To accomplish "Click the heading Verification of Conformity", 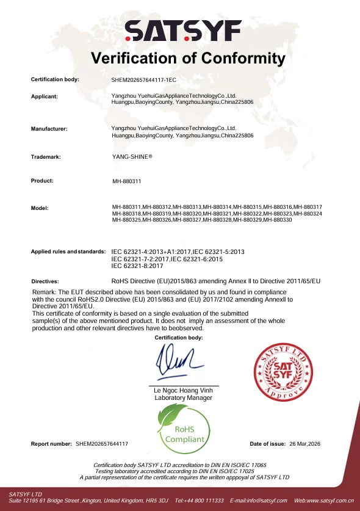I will click(188, 59).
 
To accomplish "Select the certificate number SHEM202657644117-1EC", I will click(143, 80).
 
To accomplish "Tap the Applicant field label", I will click(44, 96).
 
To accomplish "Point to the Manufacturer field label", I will click(49, 129).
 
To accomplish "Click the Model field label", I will click(40, 208).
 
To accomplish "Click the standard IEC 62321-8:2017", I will click(137, 266).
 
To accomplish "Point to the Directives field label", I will click(45, 281).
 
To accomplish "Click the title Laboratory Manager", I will click(184, 398).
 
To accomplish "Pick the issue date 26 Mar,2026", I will click(305, 443).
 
